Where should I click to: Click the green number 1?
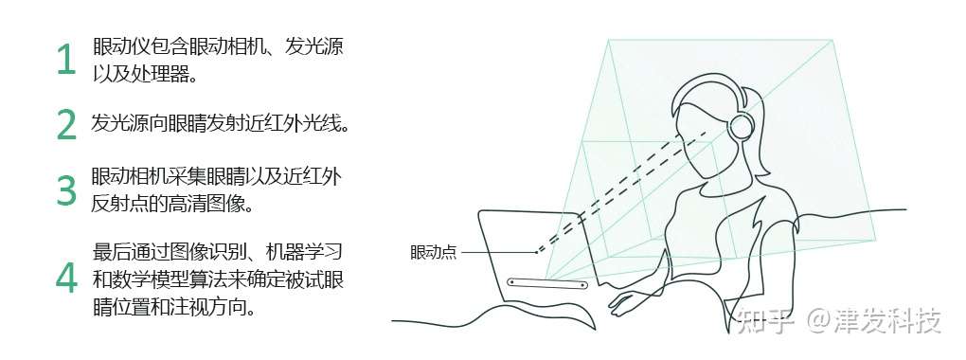[65, 60]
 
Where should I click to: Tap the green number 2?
[65, 124]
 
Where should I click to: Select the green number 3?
[65, 189]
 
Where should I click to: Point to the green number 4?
[65, 276]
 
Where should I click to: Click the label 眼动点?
[433, 252]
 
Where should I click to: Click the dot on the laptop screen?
[536, 252]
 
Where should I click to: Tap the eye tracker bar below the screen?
[547, 282]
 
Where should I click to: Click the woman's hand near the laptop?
[625, 301]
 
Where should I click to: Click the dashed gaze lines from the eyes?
[625, 189]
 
